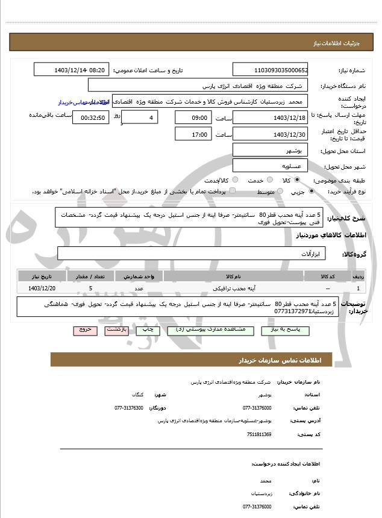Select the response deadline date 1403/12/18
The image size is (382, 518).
click(x=271, y=117)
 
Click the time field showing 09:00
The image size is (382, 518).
click(x=193, y=117)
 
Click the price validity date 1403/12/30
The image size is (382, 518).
click(x=271, y=134)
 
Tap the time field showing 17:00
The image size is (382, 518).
click(x=193, y=134)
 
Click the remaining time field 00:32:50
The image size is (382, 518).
click(x=90, y=118)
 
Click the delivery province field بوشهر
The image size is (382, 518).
click(x=271, y=150)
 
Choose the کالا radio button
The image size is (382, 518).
click(x=296, y=180)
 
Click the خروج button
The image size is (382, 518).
click(x=83, y=330)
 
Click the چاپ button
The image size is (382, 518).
click(x=146, y=330)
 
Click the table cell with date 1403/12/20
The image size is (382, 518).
click(x=42, y=289)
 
